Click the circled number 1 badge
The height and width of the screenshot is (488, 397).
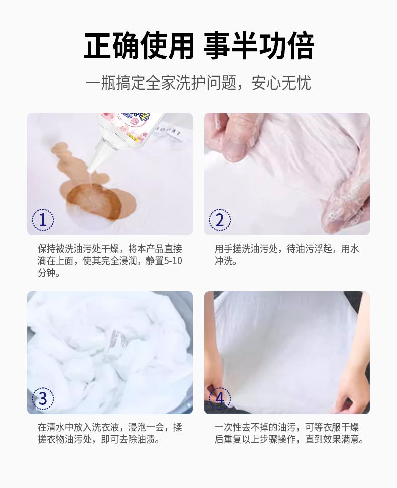[x=43, y=220]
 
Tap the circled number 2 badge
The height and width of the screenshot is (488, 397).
[x=220, y=220]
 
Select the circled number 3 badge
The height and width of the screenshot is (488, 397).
[x=43, y=398]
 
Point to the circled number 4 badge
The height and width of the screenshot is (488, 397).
[x=220, y=398]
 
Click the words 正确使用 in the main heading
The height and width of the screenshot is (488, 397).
[x=139, y=46]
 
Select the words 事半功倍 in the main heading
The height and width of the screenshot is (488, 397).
[x=259, y=46]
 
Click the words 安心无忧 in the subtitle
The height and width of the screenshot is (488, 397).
[x=281, y=83]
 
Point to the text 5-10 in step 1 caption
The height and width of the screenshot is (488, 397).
[x=173, y=261]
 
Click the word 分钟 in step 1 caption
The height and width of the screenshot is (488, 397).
[x=47, y=273]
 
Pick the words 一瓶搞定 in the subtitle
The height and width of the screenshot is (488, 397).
[x=116, y=83]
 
